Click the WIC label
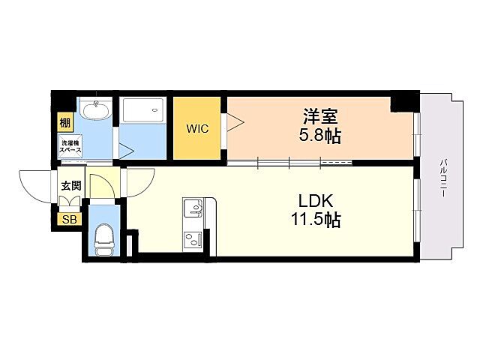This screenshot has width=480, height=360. pos(197,127)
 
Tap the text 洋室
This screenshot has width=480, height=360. pos(320,117)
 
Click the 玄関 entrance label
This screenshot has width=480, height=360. pos(70,184)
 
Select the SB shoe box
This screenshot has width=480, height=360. pos(69,219)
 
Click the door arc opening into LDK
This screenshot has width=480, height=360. pos(139,182)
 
